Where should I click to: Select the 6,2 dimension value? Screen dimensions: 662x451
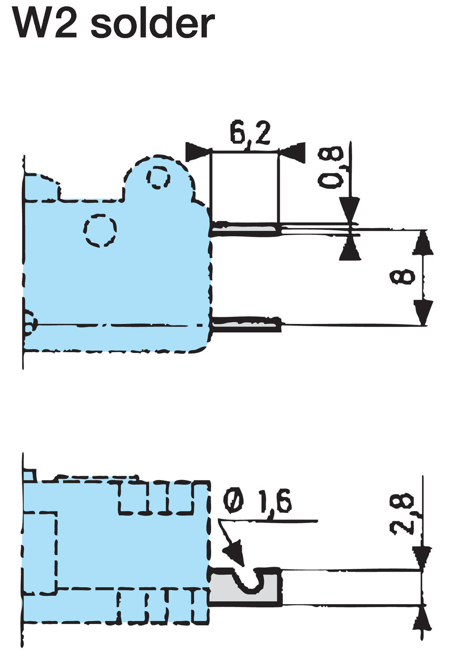250,133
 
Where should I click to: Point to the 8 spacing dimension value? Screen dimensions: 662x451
403,278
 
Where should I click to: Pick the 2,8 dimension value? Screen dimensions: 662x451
403,514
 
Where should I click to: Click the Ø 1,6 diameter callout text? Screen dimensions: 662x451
257,502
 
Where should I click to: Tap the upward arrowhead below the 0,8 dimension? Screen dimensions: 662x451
351,250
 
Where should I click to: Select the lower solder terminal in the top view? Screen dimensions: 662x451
246,325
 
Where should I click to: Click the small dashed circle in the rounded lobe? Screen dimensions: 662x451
158,178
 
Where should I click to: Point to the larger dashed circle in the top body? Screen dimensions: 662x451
101,230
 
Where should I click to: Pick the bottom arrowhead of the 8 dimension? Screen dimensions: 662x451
423,311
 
